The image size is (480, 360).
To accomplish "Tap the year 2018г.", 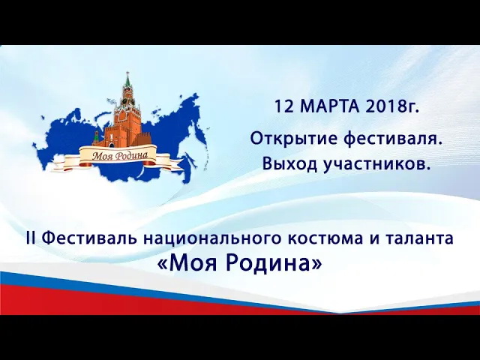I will (x=392, y=106).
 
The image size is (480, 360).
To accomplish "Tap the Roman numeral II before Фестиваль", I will (x=31, y=238).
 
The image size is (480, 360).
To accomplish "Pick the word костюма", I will (x=320, y=238).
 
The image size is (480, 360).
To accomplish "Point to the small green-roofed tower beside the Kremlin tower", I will (x=96, y=137).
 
